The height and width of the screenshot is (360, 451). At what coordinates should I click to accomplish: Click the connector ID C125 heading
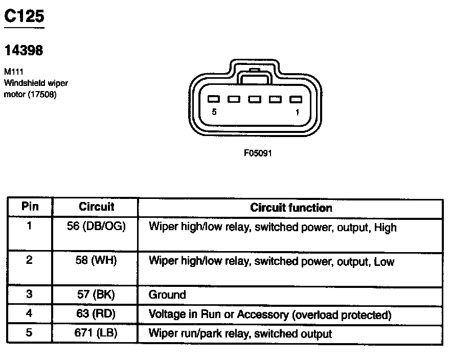(x=24, y=16)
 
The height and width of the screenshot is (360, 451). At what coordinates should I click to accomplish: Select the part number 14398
(x=24, y=50)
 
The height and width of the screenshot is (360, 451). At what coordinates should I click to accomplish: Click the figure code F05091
(x=257, y=152)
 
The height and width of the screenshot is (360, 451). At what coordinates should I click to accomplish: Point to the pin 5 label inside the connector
(x=214, y=113)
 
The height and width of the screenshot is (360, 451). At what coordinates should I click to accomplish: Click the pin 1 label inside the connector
(x=297, y=113)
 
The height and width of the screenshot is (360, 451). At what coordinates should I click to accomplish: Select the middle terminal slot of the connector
(x=255, y=100)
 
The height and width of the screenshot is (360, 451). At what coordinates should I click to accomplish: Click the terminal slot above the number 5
(x=214, y=100)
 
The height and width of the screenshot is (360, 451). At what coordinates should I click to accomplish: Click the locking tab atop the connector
(x=255, y=78)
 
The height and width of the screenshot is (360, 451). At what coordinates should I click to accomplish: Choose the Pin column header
(x=30, y=207)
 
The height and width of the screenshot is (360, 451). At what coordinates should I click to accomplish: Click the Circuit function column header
(x=291, y=208)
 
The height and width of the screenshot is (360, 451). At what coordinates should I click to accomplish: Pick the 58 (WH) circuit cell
(x=96, y=261)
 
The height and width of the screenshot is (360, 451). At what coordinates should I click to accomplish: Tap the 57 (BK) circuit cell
(x=96, y=295)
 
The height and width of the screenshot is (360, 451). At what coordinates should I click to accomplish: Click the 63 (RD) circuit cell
(x=96, y=314)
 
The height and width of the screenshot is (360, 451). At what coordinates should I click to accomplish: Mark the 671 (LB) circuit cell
(x=96, y=334)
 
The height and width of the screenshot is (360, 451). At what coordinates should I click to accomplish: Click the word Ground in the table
(x=167, y=295)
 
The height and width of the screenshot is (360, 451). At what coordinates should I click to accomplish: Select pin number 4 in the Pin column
(x=30, y=314)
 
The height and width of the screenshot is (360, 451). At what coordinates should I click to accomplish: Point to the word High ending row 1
(x=385, y=227)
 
